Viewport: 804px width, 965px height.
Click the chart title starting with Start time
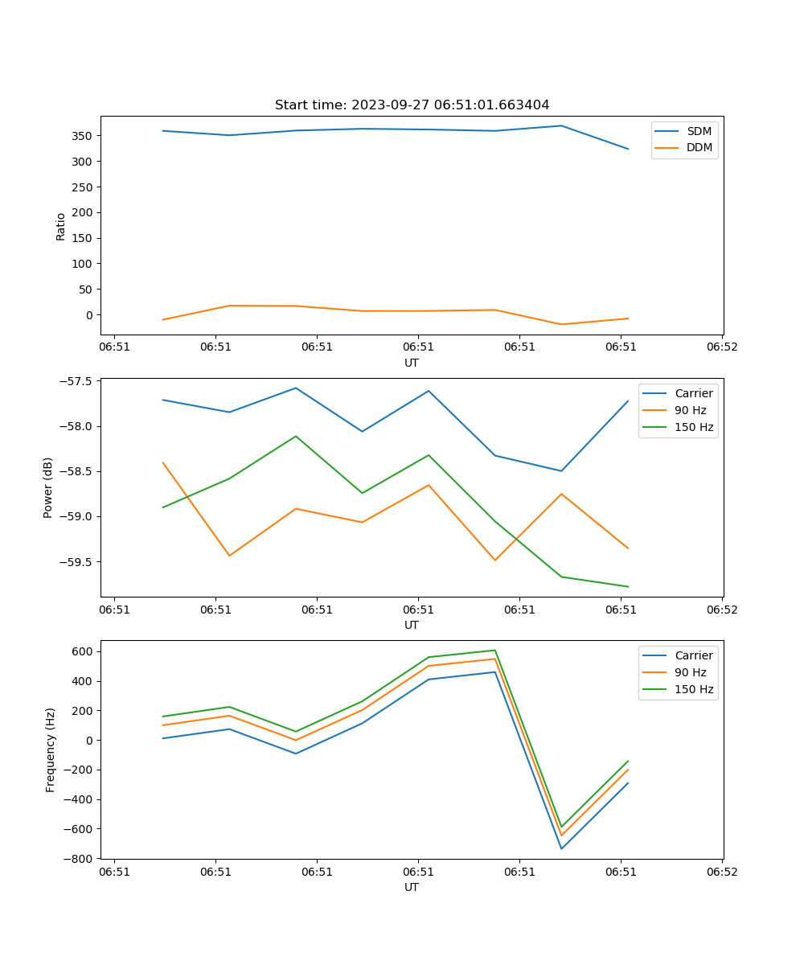[x=412, y=105]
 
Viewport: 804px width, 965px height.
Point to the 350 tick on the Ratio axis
[x=84, y=136]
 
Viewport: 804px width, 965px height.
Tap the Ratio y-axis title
[x=61, y=225]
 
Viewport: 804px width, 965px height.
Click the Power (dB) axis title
[x=48, y=487]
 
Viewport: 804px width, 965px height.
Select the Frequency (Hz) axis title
[x=50, y=749]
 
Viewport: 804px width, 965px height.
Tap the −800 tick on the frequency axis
[x=80, y=859]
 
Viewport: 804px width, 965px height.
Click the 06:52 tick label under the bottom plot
[x=721, y=871]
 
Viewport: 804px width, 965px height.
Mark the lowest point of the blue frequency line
[x=561, y=848]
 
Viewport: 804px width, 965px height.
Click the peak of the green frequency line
[x=495, y=650]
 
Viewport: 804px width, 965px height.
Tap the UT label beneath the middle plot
[x=412, y=625]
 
